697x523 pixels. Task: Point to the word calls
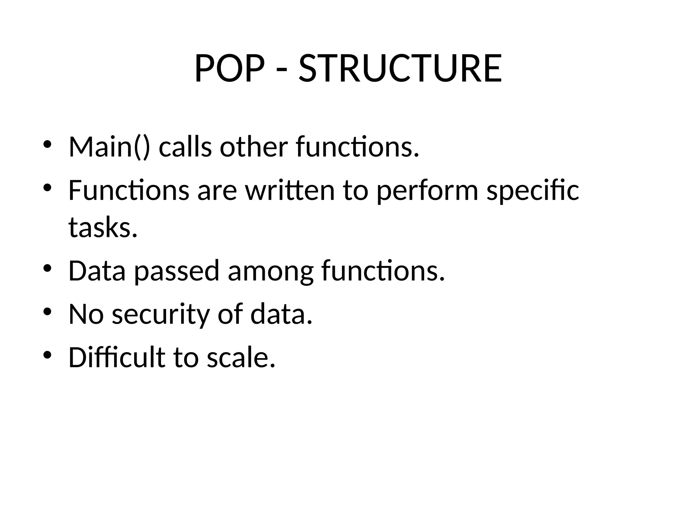coord(185,147)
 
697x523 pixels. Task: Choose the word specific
coord(533,191)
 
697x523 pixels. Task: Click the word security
coord(160,314)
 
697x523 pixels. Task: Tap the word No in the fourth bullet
coord(86,314)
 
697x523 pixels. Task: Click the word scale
coord(241,357)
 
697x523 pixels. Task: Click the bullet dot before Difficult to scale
coord(47,355)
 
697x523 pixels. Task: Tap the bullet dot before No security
coord(47,312)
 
